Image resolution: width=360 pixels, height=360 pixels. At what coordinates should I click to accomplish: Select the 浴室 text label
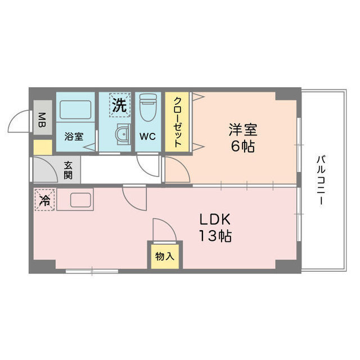click(74, 137)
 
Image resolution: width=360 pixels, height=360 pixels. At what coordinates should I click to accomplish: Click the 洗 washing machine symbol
click(120, 105)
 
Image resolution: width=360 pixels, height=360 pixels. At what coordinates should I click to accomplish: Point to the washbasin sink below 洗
click(123, 134)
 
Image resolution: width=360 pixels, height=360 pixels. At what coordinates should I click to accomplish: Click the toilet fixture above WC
click(148, 107)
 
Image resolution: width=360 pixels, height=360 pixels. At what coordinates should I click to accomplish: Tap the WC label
click(147, 137)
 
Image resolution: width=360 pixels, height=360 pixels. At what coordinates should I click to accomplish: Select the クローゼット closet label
click(178, 122)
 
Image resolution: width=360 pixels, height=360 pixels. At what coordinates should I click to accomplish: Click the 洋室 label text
click(243, 130)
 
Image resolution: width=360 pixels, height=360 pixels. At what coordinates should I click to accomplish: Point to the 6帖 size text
click(243, 146)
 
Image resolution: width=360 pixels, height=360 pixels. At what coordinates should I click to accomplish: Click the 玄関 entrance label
click(68, 170)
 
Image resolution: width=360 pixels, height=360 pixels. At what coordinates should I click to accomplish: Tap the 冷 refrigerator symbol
click(45, 200)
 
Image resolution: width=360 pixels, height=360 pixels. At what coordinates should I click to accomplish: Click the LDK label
click(215, 220)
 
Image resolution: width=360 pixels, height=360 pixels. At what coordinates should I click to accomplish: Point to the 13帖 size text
click(215, 236)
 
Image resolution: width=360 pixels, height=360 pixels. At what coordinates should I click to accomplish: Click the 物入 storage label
click(165, 256)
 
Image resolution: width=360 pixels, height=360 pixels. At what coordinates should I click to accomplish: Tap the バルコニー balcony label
click(321, 180)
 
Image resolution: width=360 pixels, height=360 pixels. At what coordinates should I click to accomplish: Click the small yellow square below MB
click(43, 147)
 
